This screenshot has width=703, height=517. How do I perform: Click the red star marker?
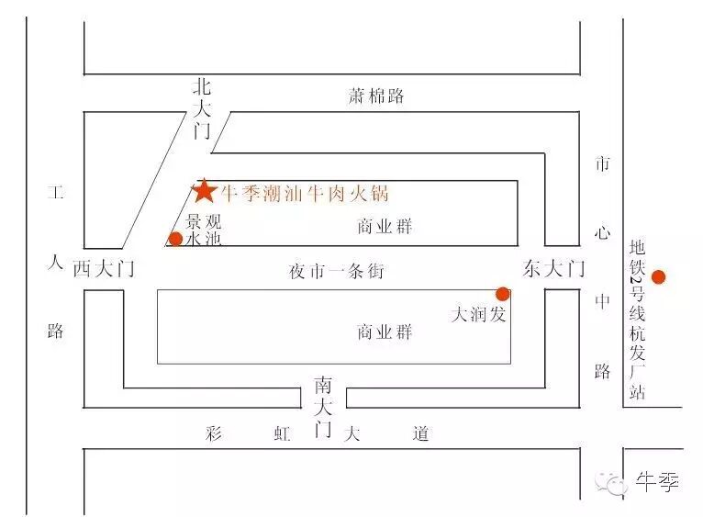pos(204,190)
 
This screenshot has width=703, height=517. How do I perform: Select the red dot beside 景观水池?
pos(174,240)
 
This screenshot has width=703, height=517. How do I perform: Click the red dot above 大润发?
pos(502,294)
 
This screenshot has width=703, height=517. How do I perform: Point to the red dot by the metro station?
pos(658,275)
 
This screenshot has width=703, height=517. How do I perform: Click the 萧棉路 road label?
pos(375,96)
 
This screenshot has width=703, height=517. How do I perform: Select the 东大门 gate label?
pos(553,269)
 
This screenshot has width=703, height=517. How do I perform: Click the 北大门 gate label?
pos(202,108)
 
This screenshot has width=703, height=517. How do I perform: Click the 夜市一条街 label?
pos(336,272)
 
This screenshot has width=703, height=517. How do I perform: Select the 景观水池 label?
pos(204,230)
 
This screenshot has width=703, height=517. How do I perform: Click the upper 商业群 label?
pos(385,227)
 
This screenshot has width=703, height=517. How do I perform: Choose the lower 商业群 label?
pos(385,332)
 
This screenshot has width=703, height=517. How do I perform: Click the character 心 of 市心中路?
pos(602,233)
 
